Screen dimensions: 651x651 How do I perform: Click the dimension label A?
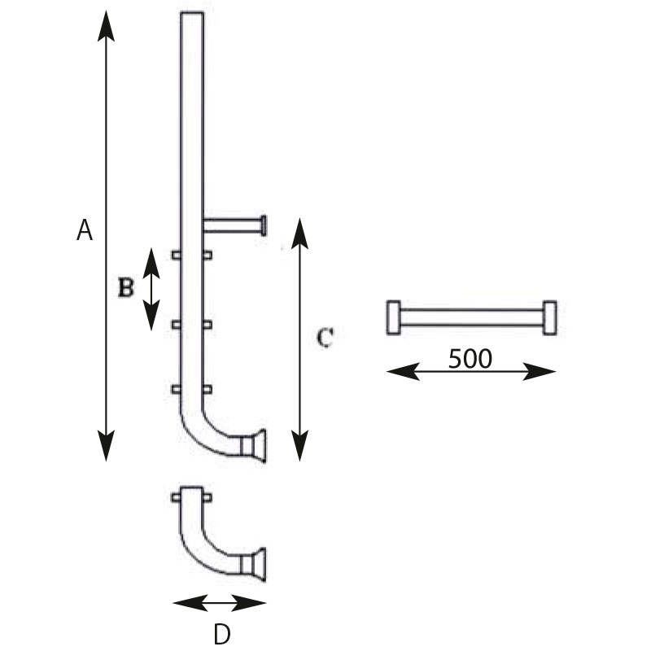click(85, 230)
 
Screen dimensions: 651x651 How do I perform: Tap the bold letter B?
click(126, 287)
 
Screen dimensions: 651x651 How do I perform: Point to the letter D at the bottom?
click(222, 635)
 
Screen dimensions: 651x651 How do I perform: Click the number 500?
click(470, 359)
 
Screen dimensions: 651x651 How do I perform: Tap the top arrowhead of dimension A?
click(106, 26)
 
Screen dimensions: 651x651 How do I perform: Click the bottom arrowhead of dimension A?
click(106, 446)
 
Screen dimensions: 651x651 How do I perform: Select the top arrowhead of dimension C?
click(299, 234)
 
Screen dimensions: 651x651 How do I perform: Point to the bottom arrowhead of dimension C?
click(299, 446)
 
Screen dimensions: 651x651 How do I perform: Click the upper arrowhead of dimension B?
click(151, 263)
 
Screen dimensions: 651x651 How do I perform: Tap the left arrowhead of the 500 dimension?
click(403, 371)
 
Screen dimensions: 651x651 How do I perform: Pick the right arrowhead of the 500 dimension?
click(540, 371)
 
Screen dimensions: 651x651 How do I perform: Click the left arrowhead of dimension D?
click(190, 603)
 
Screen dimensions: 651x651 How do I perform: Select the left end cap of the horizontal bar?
click(394, 317)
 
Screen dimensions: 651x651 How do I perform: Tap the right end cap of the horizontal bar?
click(550, 317)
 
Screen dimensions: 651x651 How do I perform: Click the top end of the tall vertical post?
click(192, 13)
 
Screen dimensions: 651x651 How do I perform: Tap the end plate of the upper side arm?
click(264, 226)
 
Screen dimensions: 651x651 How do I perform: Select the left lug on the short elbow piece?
click(177, 497)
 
